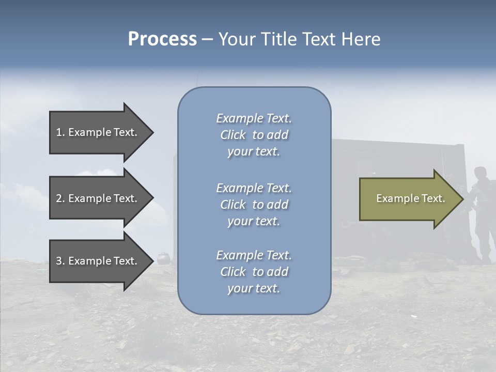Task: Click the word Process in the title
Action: click(162, 39)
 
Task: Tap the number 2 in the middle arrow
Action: click(59, 198)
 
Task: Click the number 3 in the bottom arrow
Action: click(59, 261)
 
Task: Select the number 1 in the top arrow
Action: click(59, 132)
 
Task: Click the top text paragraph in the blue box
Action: click(254, 135)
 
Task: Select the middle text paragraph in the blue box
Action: click(254, 205)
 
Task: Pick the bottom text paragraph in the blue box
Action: click(254, 272)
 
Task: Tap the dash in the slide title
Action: click(207, 39)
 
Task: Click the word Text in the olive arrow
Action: click(433, 198)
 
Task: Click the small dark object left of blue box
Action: click(164, 257)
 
